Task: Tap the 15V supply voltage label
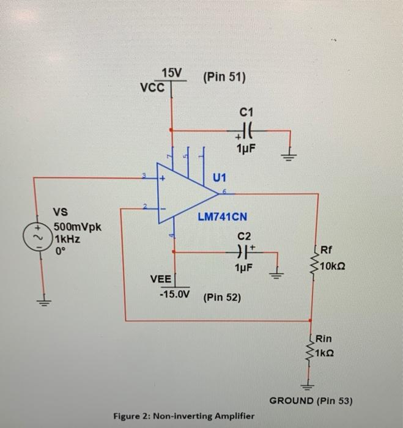172,74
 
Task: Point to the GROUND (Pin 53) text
311,401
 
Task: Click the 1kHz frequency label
68,239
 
